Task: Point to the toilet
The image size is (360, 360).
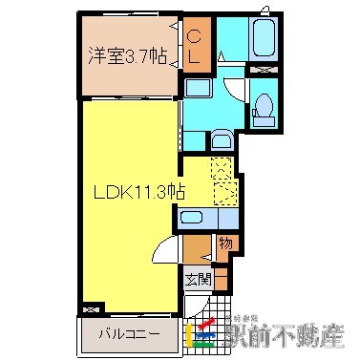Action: [x=266, y=109]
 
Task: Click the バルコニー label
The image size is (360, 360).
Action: [x=126, y=336]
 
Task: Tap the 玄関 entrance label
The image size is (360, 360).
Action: [x=198, y=281]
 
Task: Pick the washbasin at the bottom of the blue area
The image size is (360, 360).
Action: [x=221, y=139]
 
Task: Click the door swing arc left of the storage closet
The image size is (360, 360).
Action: [x=166, y=252]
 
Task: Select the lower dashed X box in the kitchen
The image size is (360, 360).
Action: [x=225, y=194]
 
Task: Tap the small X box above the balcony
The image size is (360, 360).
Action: [x=92, y=309]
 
